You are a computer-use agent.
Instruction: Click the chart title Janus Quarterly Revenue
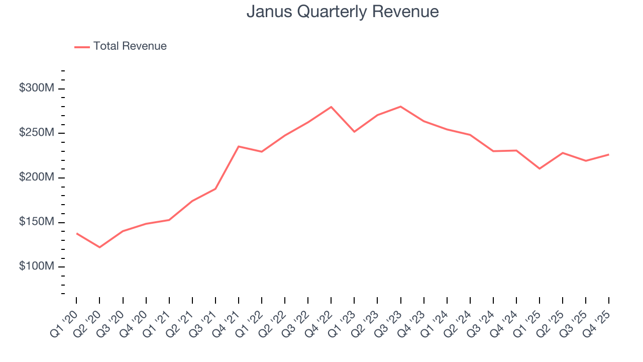point(343,12)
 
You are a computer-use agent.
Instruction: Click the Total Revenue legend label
point(130,46)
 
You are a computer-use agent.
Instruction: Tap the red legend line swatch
point(82,47)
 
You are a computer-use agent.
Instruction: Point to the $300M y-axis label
point(36,88)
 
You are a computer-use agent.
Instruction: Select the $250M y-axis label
point(36,133)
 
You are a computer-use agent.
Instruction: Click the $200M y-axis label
point(36,177)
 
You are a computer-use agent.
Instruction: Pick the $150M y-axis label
point(36,222)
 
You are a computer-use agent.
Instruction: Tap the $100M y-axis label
point(36,266)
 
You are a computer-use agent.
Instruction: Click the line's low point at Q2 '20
point(99,247)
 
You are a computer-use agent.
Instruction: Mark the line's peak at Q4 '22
point(331,107)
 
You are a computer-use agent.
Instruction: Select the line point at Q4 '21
point(238,146)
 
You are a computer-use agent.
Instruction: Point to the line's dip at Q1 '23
point(354,132)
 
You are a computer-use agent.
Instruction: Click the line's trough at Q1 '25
point(540,168)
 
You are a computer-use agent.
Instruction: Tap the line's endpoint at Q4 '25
point(609,154)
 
